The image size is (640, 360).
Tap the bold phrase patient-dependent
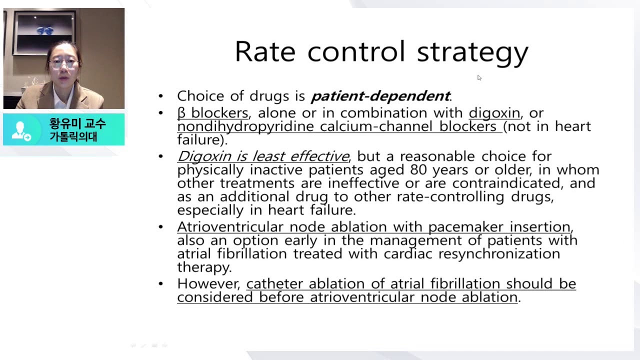[x=380, y=96]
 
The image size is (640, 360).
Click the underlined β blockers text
[x=212, y=113]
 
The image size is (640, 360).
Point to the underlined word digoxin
[x=494, y=113]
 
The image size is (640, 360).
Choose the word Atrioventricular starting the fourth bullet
[x=230, y=227]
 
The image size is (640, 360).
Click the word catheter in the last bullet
[x=275, y=284]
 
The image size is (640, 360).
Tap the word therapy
[x=203, y=267]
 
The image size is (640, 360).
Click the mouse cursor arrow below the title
[x=479, y=77]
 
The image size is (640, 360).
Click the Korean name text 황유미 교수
[x=77, y=123]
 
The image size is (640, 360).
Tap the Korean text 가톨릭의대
[x=73, y=136]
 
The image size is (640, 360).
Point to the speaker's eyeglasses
[x=64, y=63]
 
